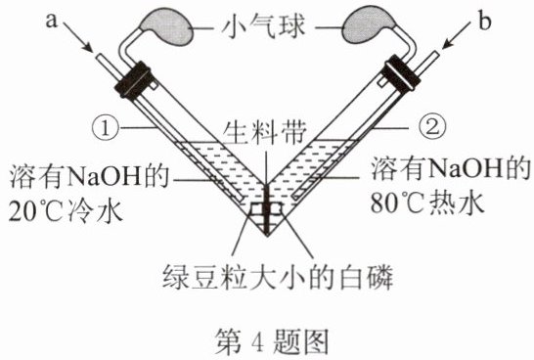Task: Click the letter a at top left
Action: [51, 21]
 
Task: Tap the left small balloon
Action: [168, 28]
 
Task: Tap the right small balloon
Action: [367, 27]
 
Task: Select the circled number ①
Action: [106, 129]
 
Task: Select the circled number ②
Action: [431, 128]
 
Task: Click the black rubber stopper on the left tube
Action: [133, 80]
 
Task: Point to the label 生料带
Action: [265, 133]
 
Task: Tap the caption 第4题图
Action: [272, 341]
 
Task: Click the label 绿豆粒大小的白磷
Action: [278, 277]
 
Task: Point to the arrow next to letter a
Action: [77, 36]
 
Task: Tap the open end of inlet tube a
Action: [100, 57]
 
